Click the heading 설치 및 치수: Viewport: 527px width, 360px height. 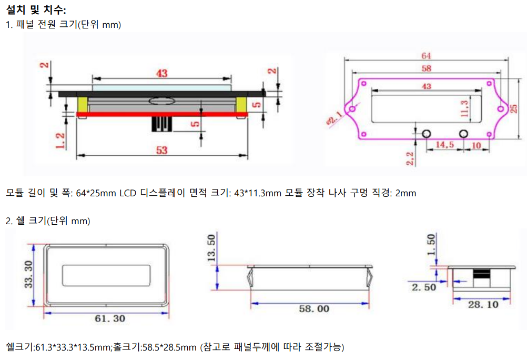click(x=36, y=10)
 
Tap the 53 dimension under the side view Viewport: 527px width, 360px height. click(x=161, y=150)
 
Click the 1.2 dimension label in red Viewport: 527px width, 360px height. click(x=60, y=141)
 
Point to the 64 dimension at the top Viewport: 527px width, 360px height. click(x=427, y=55)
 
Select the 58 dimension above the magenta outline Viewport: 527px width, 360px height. click(x=427, y=68)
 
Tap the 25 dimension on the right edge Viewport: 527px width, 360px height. click(x=514, y=108)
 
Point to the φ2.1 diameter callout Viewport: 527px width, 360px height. click(x=335, y=119)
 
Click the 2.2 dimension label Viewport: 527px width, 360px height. click(x=410, y=158)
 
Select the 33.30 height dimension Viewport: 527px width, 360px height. click(x=28, y=274)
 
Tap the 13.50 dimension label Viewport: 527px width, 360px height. click(x=211, y=248)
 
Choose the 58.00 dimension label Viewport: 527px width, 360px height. click(x=314, y=308)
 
